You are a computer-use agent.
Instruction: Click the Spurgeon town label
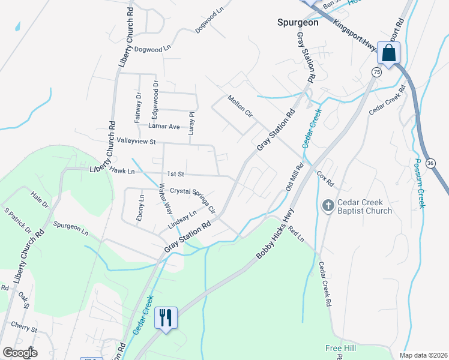[x=298, y=22]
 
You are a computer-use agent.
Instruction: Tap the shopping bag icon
[x=389, y=53]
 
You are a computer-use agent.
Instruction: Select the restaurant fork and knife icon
[x=166, y=317]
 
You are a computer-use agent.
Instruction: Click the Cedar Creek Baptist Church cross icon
[x=328, y=206]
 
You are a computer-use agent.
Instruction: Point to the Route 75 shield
[x=376, y=72]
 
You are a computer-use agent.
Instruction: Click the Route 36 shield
[x=430, y=163]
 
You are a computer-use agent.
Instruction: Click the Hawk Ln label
[x=123, y=171]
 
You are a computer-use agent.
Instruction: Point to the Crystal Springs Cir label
[x=192, y=200]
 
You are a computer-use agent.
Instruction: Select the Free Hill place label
[x=342, y=348]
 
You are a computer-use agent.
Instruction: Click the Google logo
[x=20, y=353]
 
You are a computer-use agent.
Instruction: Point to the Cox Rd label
[x=325, y=178]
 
